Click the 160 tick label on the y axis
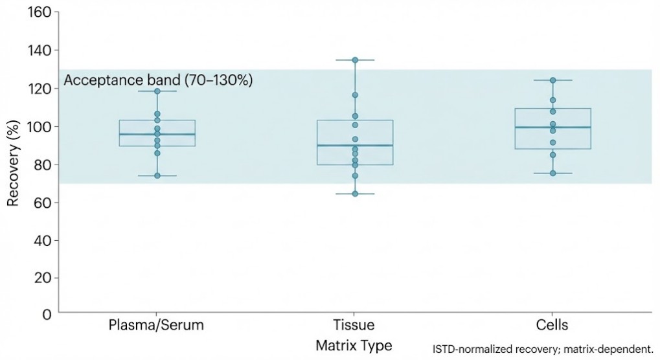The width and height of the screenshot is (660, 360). click(41, 13)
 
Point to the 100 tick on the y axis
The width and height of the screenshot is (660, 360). click(41, 126)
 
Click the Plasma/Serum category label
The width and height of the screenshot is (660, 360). click(157, 325)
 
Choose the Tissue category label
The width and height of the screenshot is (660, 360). click(354, 325)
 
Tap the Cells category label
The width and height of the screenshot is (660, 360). click(552, 325)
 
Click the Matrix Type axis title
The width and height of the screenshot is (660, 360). click(354, 346)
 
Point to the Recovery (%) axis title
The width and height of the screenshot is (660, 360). click(12, 163)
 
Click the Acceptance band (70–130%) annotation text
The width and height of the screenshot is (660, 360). click(158, 81)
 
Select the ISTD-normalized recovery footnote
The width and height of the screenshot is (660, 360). click(543, 348)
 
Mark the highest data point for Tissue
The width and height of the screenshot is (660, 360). click(355, 60)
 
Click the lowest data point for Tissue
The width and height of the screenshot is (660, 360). click(355, 194)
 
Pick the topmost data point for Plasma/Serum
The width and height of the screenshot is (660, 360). click(157, 91)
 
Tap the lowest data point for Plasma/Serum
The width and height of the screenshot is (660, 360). click(157, 175)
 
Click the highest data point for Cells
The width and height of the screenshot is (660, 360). click(553, 80)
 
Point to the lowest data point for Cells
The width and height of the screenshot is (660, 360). click(553, 173)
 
